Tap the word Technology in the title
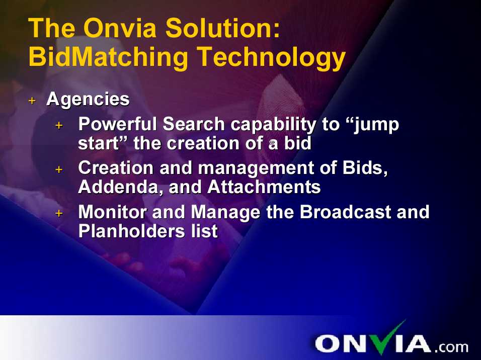click(271, 58)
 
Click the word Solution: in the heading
click(223, 28)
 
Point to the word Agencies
click(88, 100)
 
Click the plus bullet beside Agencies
click(32, 101)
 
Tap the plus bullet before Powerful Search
click(59, 125)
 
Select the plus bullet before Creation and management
click(59, 169)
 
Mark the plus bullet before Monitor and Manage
click(59, 213)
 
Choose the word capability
click(273, 125)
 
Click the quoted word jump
click(376, 125)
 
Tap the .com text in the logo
click(451, 347)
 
